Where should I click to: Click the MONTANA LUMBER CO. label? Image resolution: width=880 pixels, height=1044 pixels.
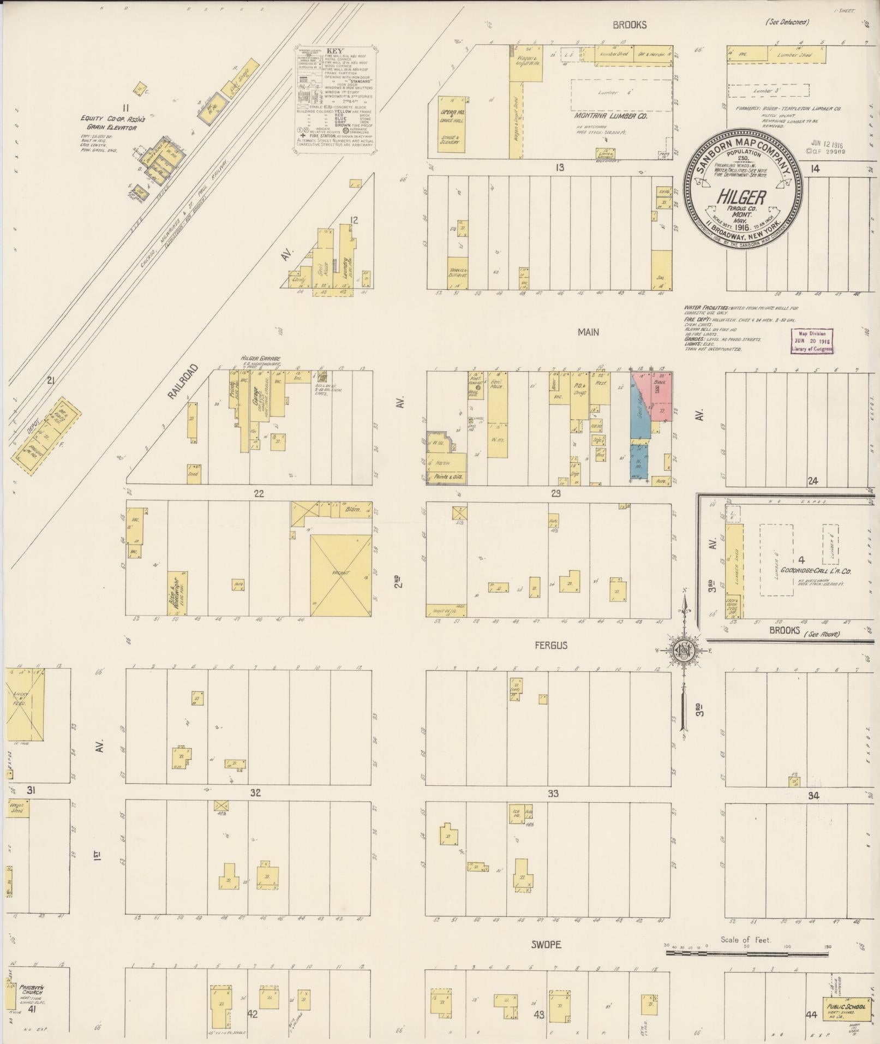[610, 116]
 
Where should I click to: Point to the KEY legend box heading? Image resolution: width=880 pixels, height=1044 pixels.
[335, 50]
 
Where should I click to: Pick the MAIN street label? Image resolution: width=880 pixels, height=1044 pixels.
[589, 332]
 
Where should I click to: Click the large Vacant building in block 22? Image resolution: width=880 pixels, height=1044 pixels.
[341, 574]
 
